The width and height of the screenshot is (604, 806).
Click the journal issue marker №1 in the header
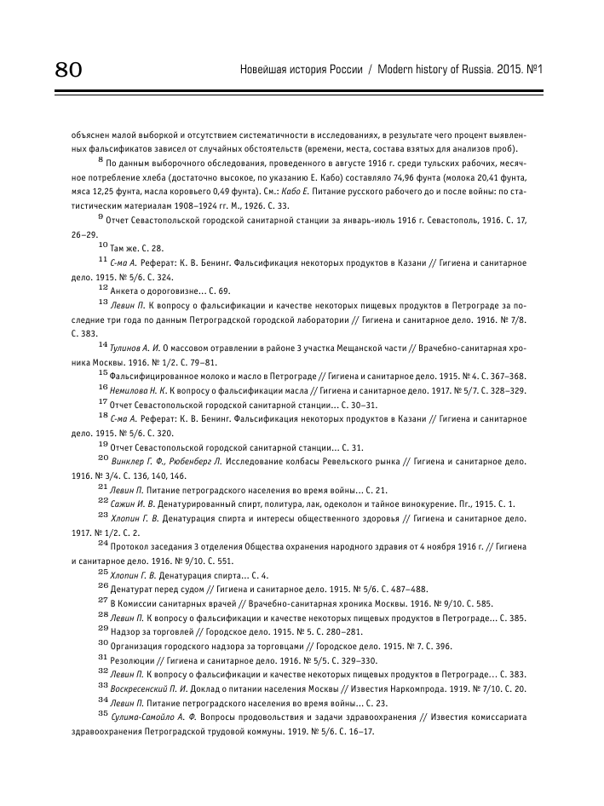(x=533, y=68)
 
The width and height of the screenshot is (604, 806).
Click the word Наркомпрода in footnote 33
(x=437, y=688)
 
